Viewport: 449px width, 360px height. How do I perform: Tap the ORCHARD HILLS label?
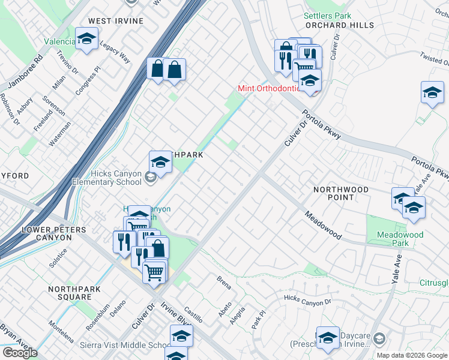tap(339, 25)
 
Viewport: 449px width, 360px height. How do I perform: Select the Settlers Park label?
tap(327, 16)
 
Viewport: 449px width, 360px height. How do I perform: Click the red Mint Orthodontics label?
tap(268, 88)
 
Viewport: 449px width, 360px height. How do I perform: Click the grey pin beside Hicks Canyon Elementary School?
tap(150, 176)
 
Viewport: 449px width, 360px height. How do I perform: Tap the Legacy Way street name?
tap(115, 52)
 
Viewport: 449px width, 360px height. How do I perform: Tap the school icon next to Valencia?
tap(87, 40)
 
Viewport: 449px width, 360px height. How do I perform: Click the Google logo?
tap(20, 353)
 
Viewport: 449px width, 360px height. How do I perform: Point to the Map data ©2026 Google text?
tap(412, 355)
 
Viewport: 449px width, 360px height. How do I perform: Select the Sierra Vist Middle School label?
tap(126, 346)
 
